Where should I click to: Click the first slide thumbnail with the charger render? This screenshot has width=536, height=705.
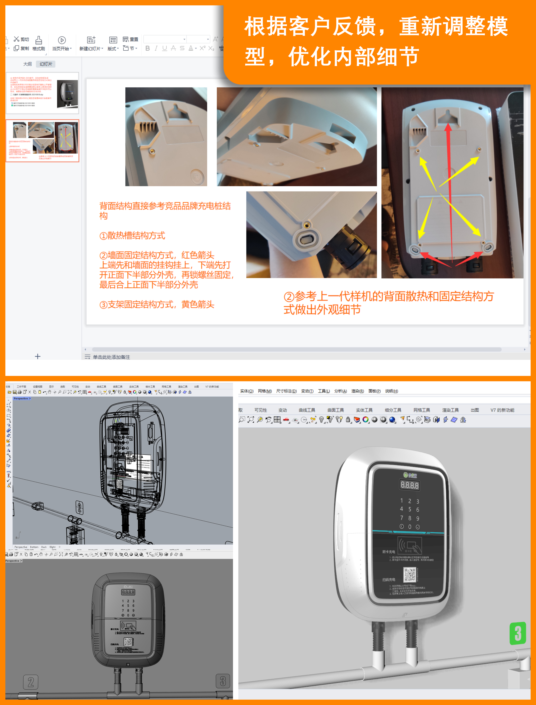[43, 93]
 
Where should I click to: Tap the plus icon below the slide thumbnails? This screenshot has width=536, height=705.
[38, 356]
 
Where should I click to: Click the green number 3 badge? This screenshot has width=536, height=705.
[517, 633]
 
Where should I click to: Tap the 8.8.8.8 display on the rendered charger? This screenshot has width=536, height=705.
[410, 485]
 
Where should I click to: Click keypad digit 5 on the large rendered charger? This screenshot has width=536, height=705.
[410, 509]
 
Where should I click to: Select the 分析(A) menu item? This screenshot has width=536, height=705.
[340, 391]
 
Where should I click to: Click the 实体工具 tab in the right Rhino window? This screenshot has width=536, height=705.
[364, 410]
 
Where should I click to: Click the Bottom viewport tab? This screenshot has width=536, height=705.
[34, 547]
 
